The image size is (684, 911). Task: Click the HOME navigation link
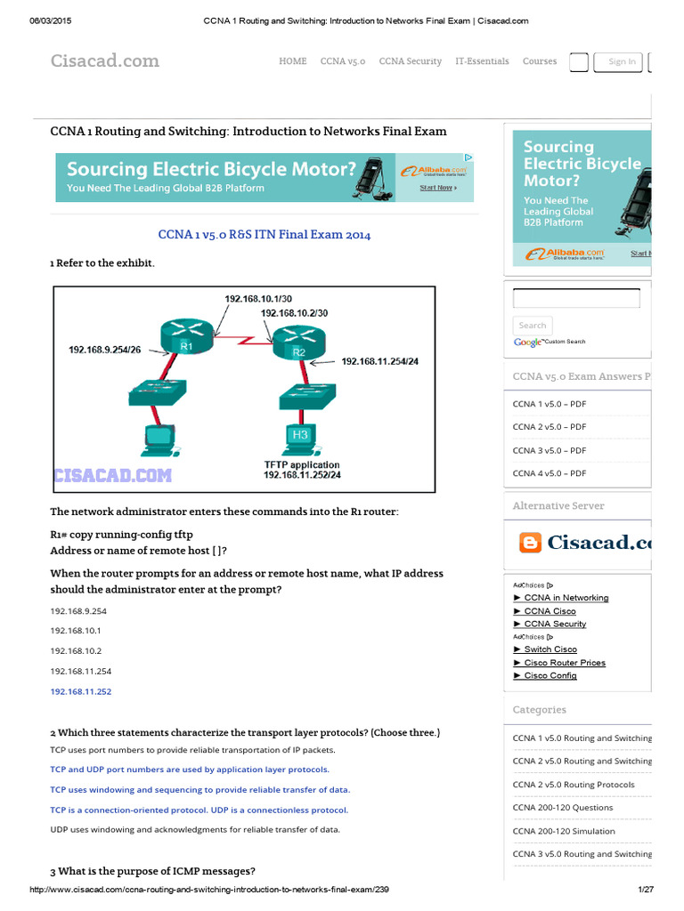[292, 61]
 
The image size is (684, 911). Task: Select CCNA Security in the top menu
[410, 61]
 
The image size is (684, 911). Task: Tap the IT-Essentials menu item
[482, 61]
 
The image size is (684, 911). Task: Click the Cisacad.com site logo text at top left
[104, 60]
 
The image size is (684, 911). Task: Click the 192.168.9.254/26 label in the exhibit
[105, 350]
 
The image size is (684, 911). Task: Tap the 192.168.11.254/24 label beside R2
[379, 361]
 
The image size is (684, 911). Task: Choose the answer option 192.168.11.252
[81, 691]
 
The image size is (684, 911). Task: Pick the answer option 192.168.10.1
[76, 631]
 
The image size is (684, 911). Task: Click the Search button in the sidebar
[533, 326]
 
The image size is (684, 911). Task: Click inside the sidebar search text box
[576, 299]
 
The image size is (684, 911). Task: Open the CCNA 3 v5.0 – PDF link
[549, 450]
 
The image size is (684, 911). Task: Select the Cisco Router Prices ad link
[565, 663]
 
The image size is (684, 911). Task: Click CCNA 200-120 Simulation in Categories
[563, 831]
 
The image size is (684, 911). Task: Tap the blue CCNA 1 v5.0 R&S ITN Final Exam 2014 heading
[264, 235]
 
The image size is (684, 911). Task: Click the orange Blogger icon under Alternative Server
[530, 542]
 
